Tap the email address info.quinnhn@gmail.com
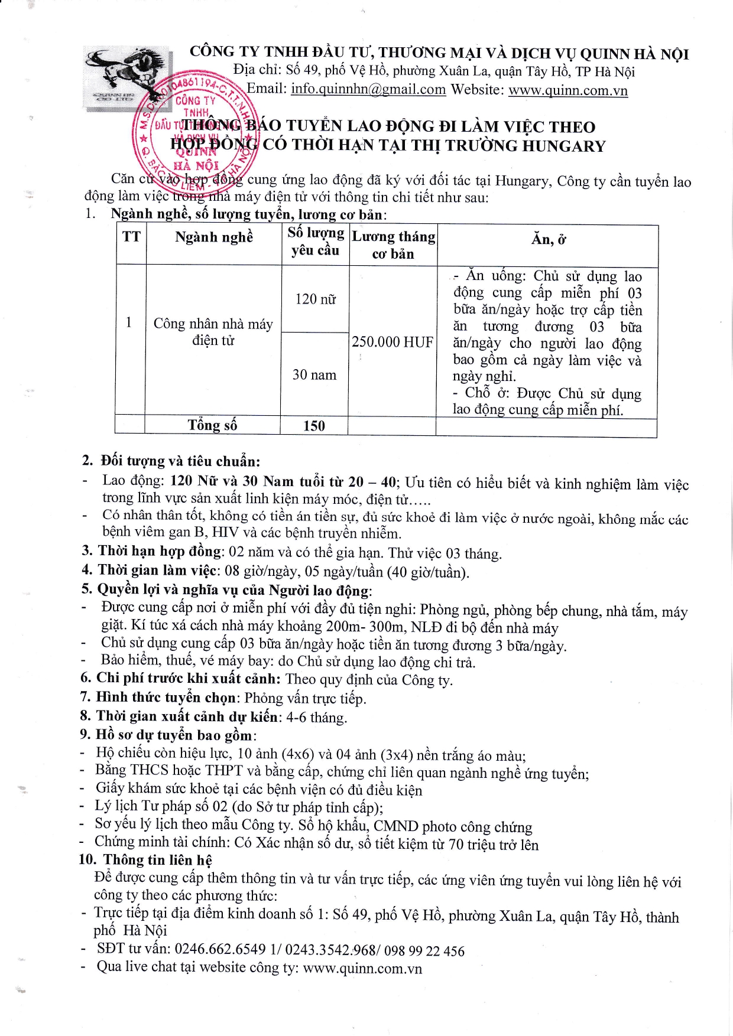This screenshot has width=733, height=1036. click(368, 89)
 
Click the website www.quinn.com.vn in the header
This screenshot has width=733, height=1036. click(567, 90)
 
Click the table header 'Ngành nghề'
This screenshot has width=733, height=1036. click(214, 237)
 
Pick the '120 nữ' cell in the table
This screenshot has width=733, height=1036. click(315, 299)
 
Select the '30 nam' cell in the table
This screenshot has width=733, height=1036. click(314, 374)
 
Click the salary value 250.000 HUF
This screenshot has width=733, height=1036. click(393, 342)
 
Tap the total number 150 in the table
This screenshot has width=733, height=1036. click(314, 426)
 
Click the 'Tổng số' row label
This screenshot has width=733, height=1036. click(212, 425)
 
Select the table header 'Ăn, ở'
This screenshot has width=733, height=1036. click(549, 239)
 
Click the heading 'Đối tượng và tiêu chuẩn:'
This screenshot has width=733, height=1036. click(180, 461)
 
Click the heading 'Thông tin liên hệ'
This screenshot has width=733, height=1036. click(157, 860)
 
